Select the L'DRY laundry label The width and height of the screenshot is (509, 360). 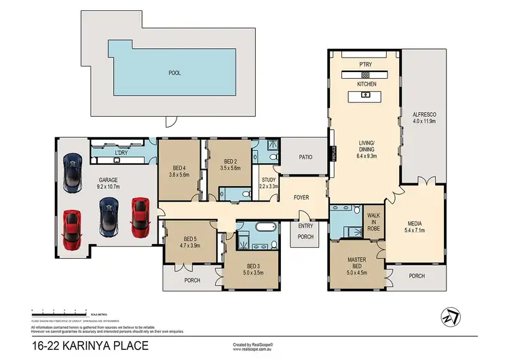[x=122, y=152]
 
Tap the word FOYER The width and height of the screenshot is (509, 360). [x=301, y=198]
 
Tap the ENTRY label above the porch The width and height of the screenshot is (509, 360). [x=305, y=226]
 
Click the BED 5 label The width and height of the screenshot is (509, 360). [x=191, y=238]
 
